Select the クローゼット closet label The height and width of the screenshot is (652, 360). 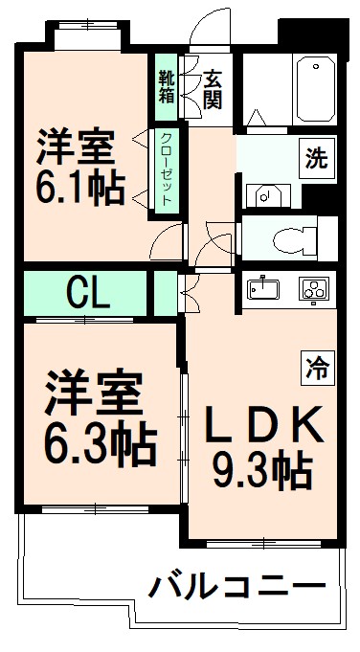[167, 170]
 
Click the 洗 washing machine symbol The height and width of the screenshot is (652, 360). [315, 159]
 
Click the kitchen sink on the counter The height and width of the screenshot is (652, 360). [263, 287]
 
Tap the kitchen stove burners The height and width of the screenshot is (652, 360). [314, 287]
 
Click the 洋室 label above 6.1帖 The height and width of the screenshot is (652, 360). [77, 146]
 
